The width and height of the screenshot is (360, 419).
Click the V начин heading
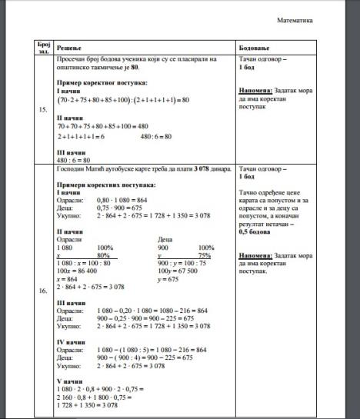click(x=70, y=379)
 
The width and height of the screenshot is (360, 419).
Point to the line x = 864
click(x=68, y=278)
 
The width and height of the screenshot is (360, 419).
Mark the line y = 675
click(x=168, y=278)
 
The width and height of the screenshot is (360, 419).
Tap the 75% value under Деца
click(x=205, y=254)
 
